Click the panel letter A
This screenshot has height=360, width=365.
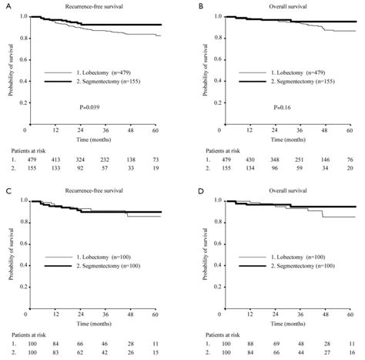[x=4, y=5]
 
